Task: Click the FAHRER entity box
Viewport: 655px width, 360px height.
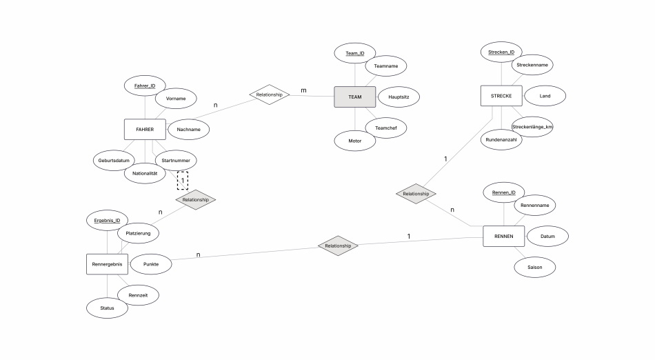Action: tap(145, 130)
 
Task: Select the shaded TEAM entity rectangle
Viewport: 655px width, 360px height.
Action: tap(354, 97)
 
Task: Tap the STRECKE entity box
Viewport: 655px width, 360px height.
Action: tap(501, 96)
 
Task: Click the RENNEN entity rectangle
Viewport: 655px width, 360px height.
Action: tap(504, 237)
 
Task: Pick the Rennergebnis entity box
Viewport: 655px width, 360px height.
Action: tap(108, 264)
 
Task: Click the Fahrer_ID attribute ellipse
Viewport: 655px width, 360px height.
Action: tap(145, 86)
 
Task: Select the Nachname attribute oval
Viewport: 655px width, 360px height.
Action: tap(188, 130)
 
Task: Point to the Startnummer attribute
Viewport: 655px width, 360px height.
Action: tap(176, 161)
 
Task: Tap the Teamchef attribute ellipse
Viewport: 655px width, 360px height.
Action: tap(386, 128)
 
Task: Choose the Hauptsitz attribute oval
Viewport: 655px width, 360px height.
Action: tap(399, 97)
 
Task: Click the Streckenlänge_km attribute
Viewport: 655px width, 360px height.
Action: tap(532, 126)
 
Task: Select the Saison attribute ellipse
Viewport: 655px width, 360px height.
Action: tap(535, 268)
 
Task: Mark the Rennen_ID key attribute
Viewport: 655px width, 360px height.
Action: tap(504, 192)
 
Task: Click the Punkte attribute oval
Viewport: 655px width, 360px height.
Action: tap(151, 264)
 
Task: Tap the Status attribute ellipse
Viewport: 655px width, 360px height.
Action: tap(108, 308)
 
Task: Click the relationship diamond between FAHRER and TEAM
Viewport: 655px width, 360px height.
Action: tap(270, 94)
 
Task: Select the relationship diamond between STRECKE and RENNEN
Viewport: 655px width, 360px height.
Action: tap(416, 194)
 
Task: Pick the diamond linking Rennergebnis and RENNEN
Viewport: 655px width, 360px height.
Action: tap(338, 246)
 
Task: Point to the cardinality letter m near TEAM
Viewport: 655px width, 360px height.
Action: tap(303, 90)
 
